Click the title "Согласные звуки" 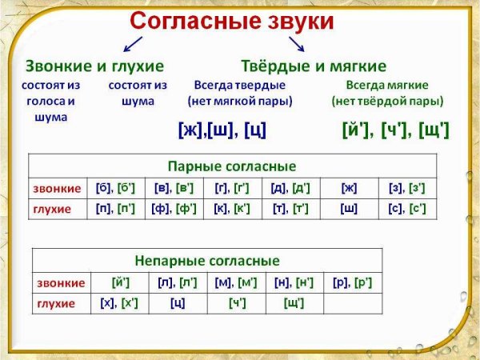(231, 21)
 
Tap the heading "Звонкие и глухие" (94, 66)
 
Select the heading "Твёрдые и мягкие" (314, 66)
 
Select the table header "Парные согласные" (232, 166)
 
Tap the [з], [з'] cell (407, 188)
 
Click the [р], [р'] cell (353, 282)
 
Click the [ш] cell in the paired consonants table (349, 209)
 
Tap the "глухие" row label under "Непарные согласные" (56, 303)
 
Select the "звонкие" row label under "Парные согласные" (57, 188)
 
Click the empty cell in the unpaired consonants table (353, 303)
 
